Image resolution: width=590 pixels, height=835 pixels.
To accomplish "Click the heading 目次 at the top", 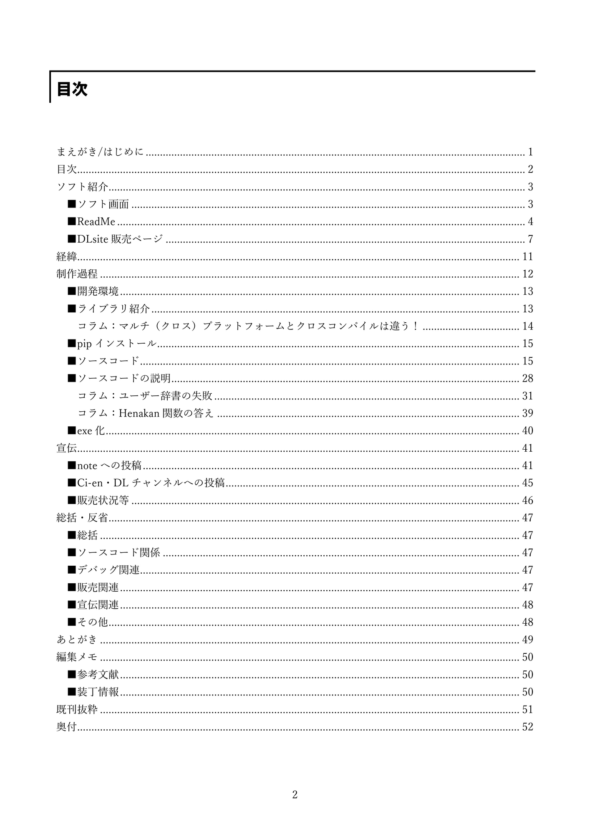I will coord(72,89).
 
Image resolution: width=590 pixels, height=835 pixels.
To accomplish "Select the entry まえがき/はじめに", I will coord(100,152).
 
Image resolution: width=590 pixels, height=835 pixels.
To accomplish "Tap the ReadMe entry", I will coord(96,222).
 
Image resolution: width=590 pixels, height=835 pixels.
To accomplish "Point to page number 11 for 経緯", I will coord(527,256).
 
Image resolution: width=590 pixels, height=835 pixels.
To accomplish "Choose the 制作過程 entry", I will coord(77,274).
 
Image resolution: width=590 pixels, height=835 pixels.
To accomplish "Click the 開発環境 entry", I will coord(98,291).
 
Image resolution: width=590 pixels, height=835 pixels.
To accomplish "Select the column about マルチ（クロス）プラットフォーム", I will coord(248,326).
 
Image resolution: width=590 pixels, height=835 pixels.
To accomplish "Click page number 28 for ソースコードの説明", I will coord(527,378).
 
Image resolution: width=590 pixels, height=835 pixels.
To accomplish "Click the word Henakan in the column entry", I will coord(139,413).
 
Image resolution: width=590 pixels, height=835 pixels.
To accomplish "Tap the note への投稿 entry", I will coord(109,466).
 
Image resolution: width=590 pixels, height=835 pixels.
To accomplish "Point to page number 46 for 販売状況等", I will coord(527,500).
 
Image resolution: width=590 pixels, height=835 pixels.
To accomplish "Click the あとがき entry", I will coord(77,640).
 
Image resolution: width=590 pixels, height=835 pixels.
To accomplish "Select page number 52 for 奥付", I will coord(527,727).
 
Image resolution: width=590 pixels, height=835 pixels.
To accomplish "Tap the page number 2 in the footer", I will coord(295,795).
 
